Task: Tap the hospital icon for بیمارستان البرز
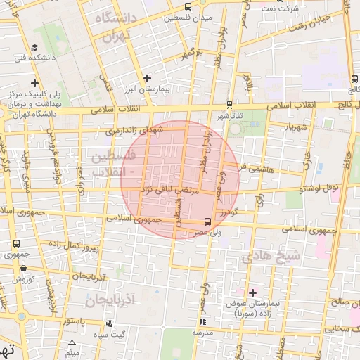point(147,78)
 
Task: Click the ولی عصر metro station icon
point(196,221)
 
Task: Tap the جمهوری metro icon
point(16,243)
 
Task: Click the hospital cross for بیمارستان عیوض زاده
point(253,292)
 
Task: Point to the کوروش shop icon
point(25,268)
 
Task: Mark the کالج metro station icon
point(352,79)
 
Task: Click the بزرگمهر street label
point(191,53)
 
